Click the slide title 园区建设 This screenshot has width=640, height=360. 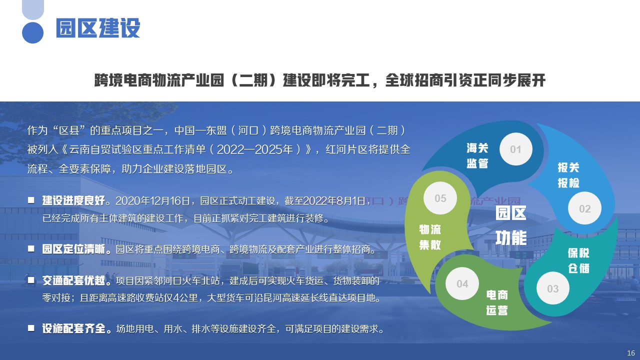pos(98,27)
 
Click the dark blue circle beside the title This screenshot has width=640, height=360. pos(32,32)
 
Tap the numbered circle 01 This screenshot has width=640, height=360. pos(515,149)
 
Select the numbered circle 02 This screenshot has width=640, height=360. pos(584,208)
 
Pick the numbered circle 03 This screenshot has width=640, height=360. pos(553,288)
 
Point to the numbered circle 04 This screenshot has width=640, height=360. pos(462,283)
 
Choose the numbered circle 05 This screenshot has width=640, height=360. pos(440,198)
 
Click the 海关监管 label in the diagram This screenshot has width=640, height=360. pos(477,155)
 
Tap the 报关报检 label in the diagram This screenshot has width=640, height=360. pos(568,175)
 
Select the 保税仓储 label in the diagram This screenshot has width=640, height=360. pos(578,260)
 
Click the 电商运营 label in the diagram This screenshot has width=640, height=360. pos(497,302)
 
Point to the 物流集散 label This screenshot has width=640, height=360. pos(430,237)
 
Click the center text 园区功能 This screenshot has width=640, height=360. pos(511,225)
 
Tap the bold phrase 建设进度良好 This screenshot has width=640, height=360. pos(73,200)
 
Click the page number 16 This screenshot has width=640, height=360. pos(631,353)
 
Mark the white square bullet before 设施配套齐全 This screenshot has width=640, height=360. pos(31,328)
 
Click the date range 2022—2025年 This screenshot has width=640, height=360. pos(255,149)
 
